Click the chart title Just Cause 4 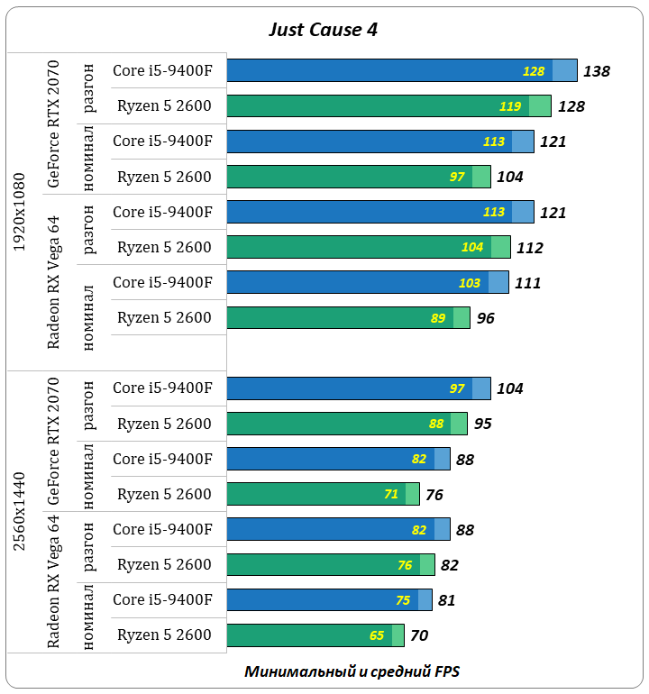pos(323,29)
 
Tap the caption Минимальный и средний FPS pos(352,672)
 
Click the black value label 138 pos(597,71)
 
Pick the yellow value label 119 pos(510,106)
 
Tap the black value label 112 pos(530,248)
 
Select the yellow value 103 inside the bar pos(470,283)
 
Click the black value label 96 pos(486,318)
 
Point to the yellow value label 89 pos(438,318)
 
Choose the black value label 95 pos(483,424)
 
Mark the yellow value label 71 pos(391,494)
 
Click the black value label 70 pos(419,635)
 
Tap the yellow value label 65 pos(377,635)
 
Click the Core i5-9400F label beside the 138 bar pos(162,70)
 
